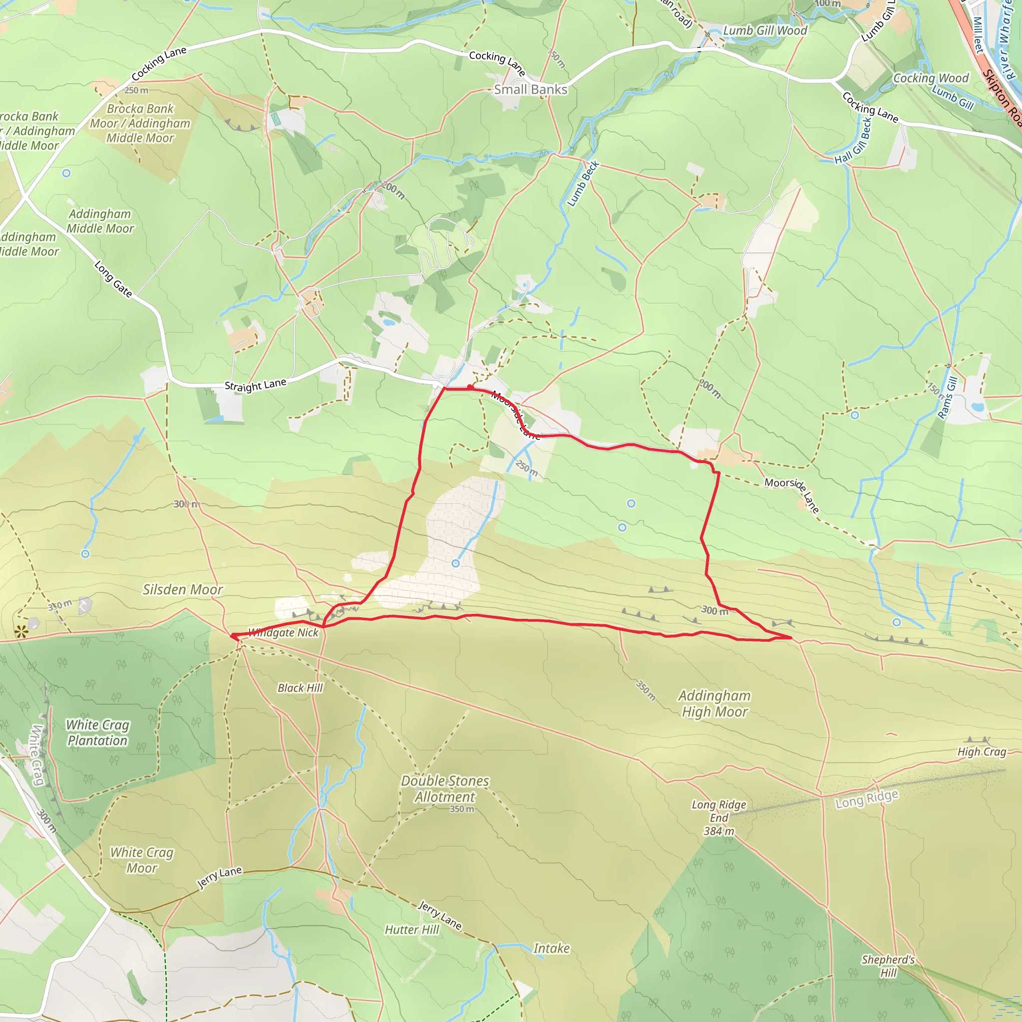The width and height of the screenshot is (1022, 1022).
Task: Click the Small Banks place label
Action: point(530,89)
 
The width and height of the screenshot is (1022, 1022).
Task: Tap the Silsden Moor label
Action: point(183,590)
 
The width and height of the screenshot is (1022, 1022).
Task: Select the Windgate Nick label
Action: point(283,633)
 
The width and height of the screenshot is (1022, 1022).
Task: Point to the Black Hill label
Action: point(300,688)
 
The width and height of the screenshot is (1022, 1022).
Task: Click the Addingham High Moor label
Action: point(715,704)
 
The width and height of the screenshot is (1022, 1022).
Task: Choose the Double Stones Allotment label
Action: point(445,789)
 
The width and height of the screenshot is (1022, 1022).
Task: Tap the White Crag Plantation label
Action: point(97,733)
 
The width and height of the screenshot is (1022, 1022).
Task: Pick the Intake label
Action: point(551,949)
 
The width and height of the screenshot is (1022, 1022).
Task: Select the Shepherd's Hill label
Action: point(888,966)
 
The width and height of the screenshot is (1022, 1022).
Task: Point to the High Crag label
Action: point(982,752)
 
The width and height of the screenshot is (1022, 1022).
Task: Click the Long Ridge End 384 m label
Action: point(719,818)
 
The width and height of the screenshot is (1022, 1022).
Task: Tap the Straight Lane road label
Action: point(255,385)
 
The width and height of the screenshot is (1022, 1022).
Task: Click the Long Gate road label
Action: point(113,279)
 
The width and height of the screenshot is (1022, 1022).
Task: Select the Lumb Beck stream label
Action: point(583,184)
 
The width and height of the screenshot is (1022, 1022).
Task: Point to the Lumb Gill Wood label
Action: point(765,30)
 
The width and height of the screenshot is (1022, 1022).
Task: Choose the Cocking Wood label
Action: point(931,78)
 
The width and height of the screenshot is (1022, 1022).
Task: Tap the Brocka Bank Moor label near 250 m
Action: point(140,123)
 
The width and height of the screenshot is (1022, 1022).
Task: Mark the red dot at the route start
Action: point(470,388)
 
